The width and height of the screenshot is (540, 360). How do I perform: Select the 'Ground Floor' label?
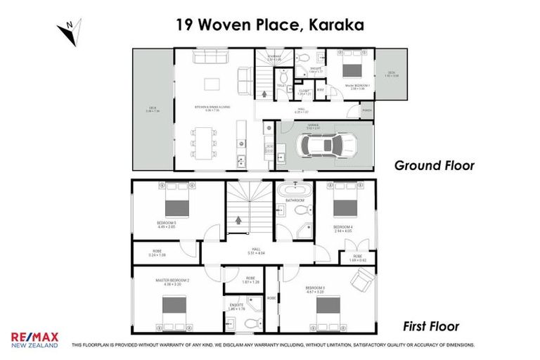pos(434,166)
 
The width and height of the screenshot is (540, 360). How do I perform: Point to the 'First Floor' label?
pos(430,326)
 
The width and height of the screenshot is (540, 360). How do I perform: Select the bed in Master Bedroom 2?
pos(174,306)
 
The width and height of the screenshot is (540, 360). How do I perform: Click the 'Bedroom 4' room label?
pos(342,227)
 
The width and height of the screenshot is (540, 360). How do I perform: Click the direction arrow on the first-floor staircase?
pos(238,219)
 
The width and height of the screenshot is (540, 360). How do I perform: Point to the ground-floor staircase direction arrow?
pos(264,93)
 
